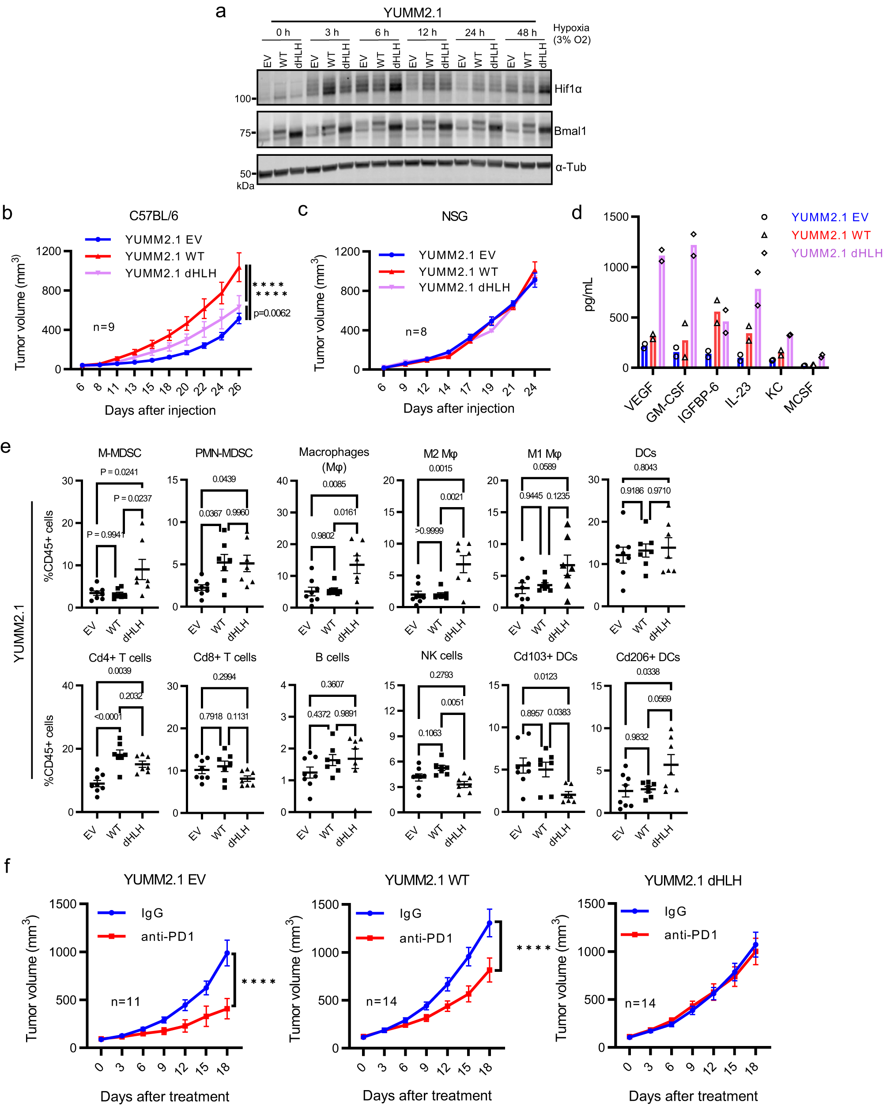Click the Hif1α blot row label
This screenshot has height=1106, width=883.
click(x=567, y=89)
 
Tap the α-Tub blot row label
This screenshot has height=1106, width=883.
click(x=570, y=167)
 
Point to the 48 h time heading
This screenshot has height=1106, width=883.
click(x=526, y=33)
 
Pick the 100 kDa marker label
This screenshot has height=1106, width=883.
click(x=242, y=98)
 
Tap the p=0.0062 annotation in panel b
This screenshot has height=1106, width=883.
click(x=272, y=313)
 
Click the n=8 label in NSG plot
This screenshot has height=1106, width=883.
click(x=415, y=332)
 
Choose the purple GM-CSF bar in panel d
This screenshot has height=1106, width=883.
click(x=694, y=306)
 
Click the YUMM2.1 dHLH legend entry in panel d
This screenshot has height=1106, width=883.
click(x=836, y=253)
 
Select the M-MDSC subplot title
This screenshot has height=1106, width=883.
click(x=120, y=453)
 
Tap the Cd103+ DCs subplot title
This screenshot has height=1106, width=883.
click(x=545, y=657)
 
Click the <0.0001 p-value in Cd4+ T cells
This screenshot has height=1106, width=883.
click(x=108, y=717)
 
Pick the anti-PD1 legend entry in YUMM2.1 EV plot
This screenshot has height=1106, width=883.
click(x=167, y=937)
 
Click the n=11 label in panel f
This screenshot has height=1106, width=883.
click(x=125, y=1001)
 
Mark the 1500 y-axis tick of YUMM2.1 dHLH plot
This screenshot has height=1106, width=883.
click(x=592, y=904)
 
